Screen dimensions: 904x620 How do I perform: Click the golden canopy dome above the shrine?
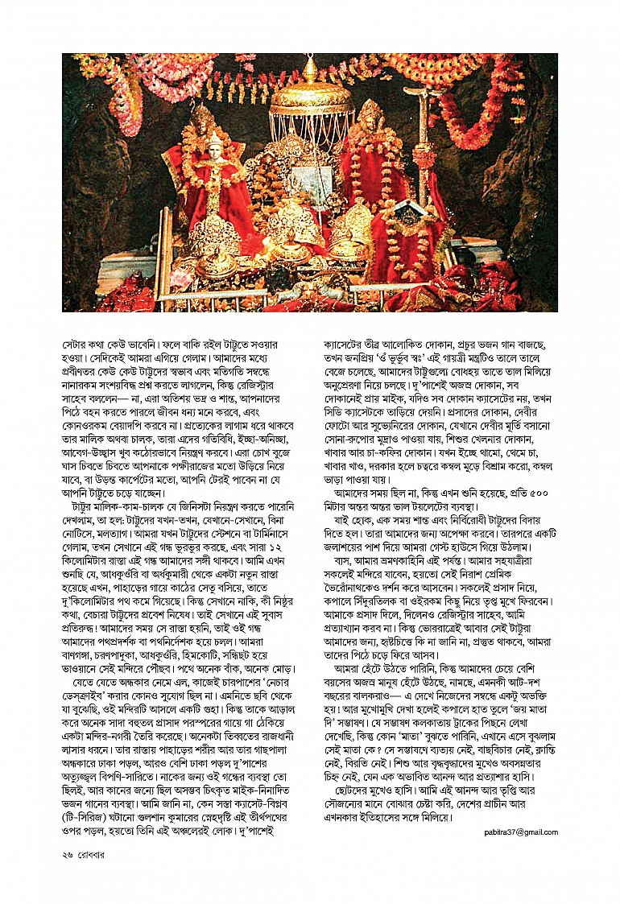tap(311, 96)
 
